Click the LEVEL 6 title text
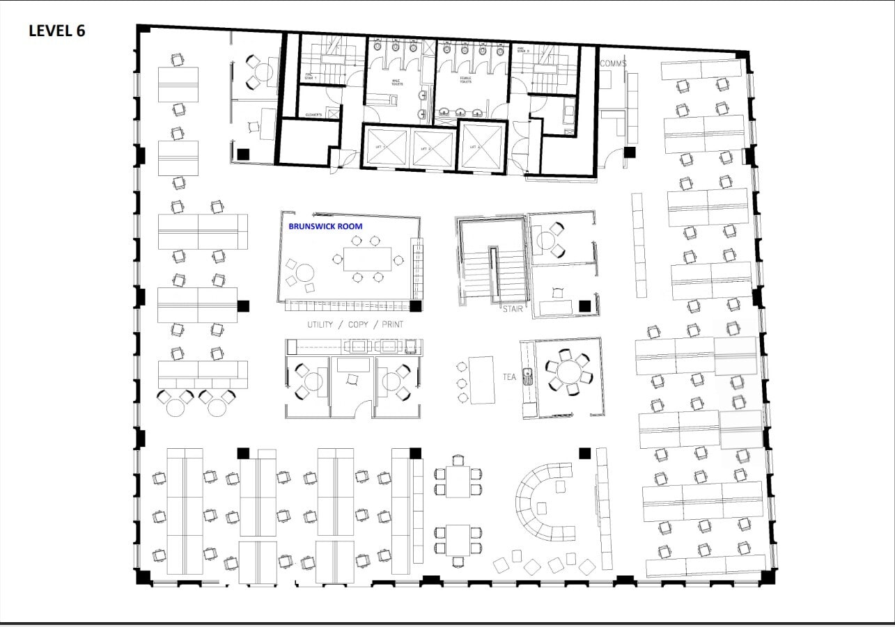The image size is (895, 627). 56,31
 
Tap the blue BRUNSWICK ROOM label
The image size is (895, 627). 325,226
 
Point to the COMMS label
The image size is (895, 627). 613,63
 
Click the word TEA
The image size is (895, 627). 510,376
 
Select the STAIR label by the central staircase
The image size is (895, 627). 513,308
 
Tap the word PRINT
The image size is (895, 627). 392,325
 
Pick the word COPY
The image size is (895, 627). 359,325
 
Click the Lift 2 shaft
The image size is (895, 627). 433,148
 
